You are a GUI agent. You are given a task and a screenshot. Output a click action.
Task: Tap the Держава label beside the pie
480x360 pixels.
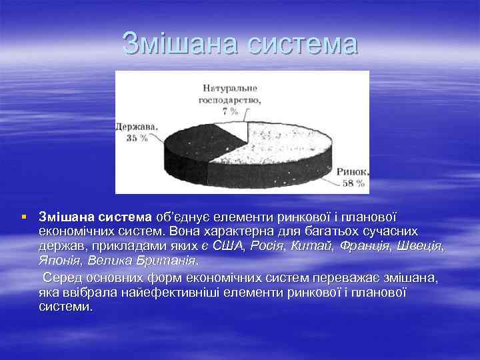click(x=135, y=125)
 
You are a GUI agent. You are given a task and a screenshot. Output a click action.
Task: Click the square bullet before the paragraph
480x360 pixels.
click(x=24, y=217)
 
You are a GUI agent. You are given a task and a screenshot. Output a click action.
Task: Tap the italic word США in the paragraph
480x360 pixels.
click(x=229, y=246)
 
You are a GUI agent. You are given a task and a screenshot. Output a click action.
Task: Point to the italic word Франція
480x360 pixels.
click(x=365, y=246)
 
